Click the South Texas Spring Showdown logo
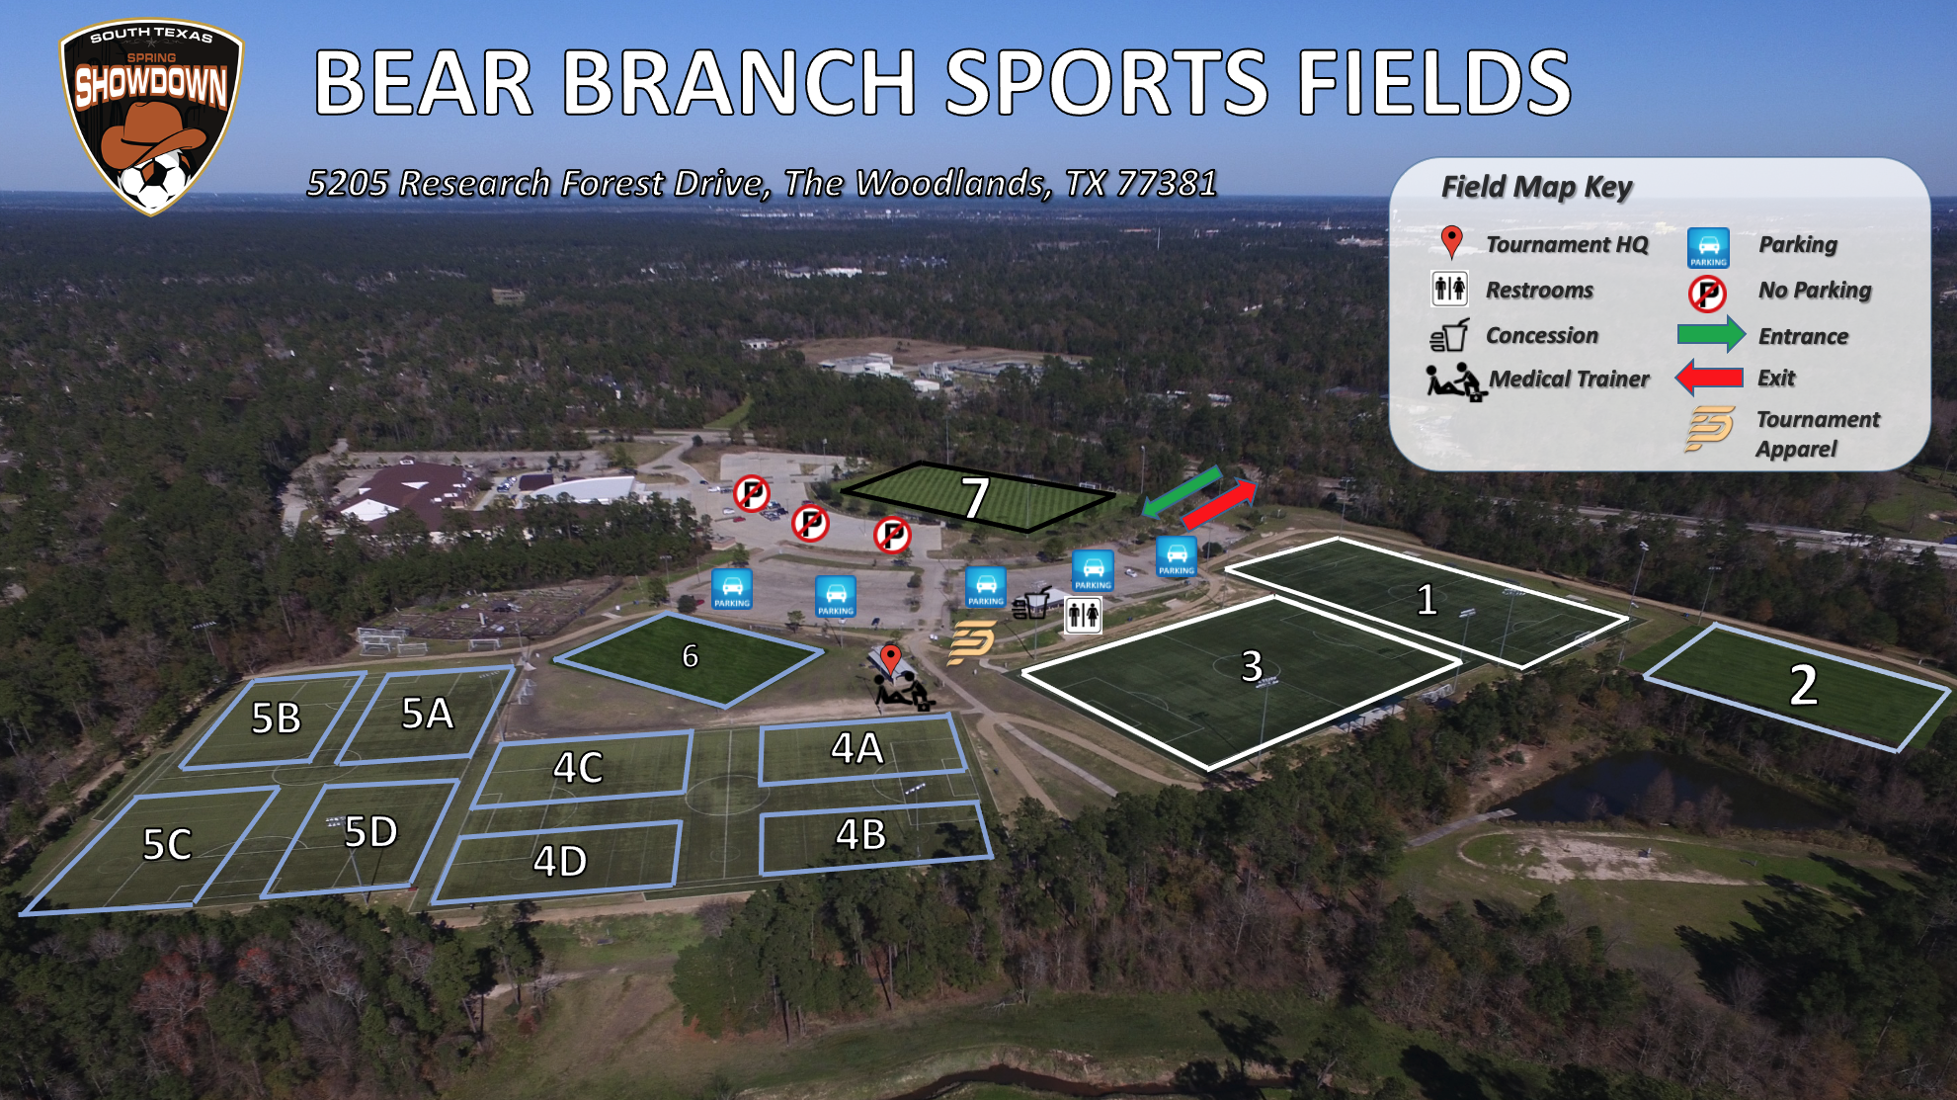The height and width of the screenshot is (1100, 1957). (151, 116)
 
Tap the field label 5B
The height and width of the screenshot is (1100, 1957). (276, 719)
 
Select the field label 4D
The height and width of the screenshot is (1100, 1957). (560, 861)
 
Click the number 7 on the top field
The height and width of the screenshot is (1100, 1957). (976, 497)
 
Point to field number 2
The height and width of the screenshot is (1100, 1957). (1804, 685)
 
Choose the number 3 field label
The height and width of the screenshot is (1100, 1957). (1252, 666)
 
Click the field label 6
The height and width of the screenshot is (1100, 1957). (690, 655)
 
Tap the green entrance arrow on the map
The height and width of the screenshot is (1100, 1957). (1182, 491)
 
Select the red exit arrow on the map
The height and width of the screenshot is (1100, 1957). (1219, 504)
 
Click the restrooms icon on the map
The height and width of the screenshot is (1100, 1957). (1084, 616)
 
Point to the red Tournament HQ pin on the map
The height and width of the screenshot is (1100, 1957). (891, 659)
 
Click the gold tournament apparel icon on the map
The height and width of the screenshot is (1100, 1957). (971, 643)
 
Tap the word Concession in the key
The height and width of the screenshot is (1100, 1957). (1541, 335)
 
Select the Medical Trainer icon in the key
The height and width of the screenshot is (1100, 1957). (1455, 381)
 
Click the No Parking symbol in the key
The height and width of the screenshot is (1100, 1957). (1707, 293)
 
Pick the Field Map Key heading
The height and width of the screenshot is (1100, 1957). (1536, 187)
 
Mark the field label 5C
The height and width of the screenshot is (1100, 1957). (167, 845)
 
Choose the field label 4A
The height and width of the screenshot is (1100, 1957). (856, 749)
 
